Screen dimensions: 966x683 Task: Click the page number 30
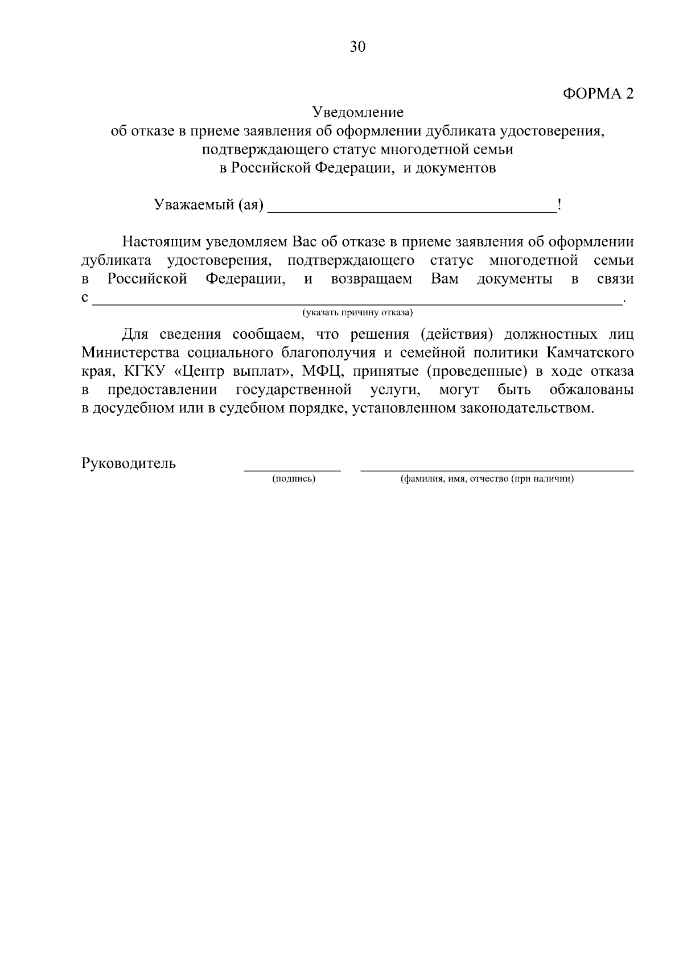click(x=357, y=47)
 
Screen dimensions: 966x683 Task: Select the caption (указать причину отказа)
click(x=357, y=313)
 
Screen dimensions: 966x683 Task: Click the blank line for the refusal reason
click(x=357, y=301)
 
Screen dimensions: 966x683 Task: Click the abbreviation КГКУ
click(x=145, y=372)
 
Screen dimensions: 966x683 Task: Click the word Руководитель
click(x=129, y=463)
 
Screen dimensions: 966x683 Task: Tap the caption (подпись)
click(x=294, y=479)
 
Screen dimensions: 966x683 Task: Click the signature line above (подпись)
click(x=293, y=468)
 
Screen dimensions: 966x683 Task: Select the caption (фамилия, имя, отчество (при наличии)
click(x=487, y=479)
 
